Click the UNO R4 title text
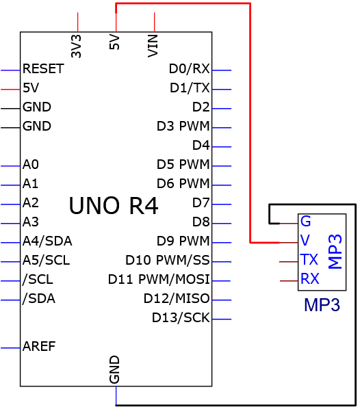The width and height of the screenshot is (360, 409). click(114, 206)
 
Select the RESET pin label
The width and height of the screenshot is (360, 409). click(43, 69)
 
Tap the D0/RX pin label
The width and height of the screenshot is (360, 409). click(190, 69)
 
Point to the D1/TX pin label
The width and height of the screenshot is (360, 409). click(190, 88)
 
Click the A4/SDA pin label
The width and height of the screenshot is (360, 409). click(47, 241)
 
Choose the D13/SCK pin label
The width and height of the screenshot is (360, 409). click(181, 318)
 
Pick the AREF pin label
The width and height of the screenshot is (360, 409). click(39, 346)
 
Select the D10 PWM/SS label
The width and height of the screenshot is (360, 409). click(168, 260)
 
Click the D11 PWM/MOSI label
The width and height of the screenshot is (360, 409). click(159, 279)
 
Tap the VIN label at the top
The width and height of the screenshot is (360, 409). click(153, 47)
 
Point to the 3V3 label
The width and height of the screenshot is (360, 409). click(76, 47)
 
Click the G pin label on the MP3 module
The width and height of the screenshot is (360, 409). click(306, 221)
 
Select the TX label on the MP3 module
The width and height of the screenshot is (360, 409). click(309, 259)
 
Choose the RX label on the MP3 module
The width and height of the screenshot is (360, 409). click(310, 278)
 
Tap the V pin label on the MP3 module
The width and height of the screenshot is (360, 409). click(305, 240)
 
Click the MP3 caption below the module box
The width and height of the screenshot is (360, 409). click(322, 304)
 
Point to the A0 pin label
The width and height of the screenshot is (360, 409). click(31, 165)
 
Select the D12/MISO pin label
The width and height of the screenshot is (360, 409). click(177, 298)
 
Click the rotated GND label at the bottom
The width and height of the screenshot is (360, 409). click(114, 369)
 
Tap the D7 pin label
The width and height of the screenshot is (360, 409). click(201, 202)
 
